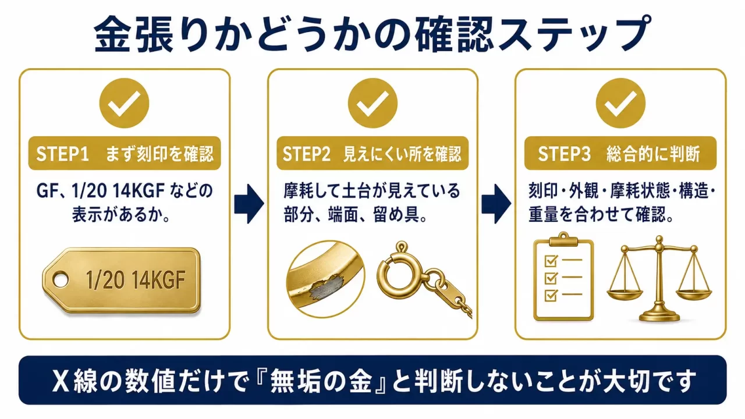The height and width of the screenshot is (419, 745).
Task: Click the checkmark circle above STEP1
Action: point(124,103)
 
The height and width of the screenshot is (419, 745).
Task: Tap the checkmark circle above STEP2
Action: point(372,103)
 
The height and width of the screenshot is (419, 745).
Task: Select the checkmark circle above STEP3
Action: point(620,103)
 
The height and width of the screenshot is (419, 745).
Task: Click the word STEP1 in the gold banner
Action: point(62,154)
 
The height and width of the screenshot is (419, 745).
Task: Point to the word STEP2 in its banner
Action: point(306,154)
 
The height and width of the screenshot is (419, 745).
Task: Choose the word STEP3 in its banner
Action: point(564,154)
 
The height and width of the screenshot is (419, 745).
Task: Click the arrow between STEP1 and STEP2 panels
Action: point(249,204)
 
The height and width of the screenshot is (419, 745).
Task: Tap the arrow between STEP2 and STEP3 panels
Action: point(496,204)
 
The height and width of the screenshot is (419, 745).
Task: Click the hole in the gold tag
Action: point(61,280)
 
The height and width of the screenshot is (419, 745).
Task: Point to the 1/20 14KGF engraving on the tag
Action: point(136,280)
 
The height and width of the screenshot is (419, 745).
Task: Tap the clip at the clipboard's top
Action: point(563,239)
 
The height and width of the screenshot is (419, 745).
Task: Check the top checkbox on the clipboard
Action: point(551,261)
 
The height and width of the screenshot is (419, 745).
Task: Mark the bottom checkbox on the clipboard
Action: point(551,295)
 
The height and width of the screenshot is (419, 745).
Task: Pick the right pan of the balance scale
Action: point(693,294)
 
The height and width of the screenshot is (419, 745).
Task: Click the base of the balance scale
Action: point(659,315)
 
